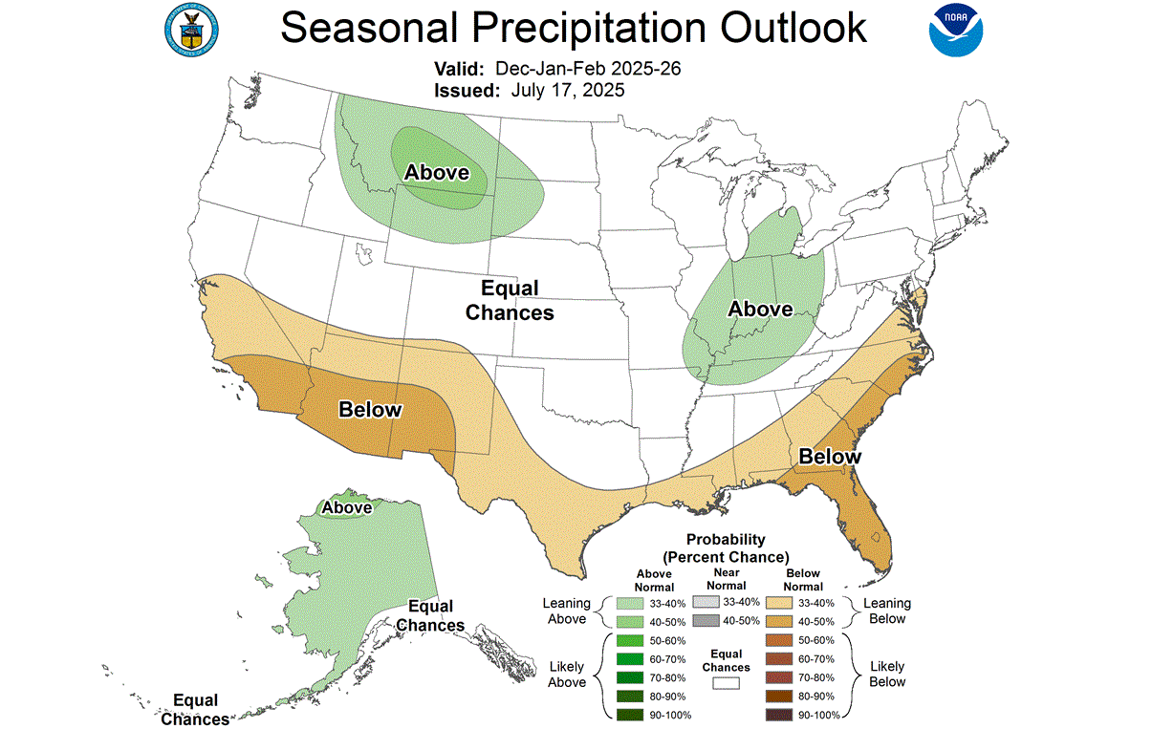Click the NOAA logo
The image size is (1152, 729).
pos(956,30)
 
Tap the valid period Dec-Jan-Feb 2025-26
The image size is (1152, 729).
pos(587,70)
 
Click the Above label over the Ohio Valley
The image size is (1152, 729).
pos(760,309)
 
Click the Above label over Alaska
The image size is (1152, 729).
pos(346,507)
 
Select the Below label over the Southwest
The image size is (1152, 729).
pos(370,410)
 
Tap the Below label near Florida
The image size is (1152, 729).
pos(830,457)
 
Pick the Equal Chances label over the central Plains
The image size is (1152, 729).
pos(510,300)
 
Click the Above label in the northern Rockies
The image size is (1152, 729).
pos(436,172)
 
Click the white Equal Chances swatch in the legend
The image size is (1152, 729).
pos(726,683)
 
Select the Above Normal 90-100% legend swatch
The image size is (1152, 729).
pos(629,715)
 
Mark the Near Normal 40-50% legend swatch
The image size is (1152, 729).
pos(704,621)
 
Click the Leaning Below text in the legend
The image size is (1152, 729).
pos(887,611)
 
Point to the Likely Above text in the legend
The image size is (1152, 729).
pos(567,674)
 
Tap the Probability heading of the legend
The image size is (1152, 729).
pos(726,540)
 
